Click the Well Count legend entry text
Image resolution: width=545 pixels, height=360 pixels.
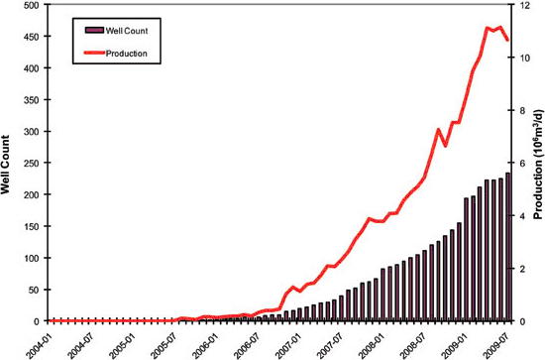pos(129,32)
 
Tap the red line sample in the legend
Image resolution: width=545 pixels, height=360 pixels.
pos(89,53)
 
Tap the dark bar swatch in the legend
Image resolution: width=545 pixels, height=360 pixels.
pos(89,32)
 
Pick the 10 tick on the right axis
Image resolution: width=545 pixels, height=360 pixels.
pos(521,58)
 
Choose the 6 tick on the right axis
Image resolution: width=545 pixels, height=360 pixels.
pos(519,164)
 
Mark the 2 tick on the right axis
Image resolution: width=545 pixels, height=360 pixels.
pos(519,269)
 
